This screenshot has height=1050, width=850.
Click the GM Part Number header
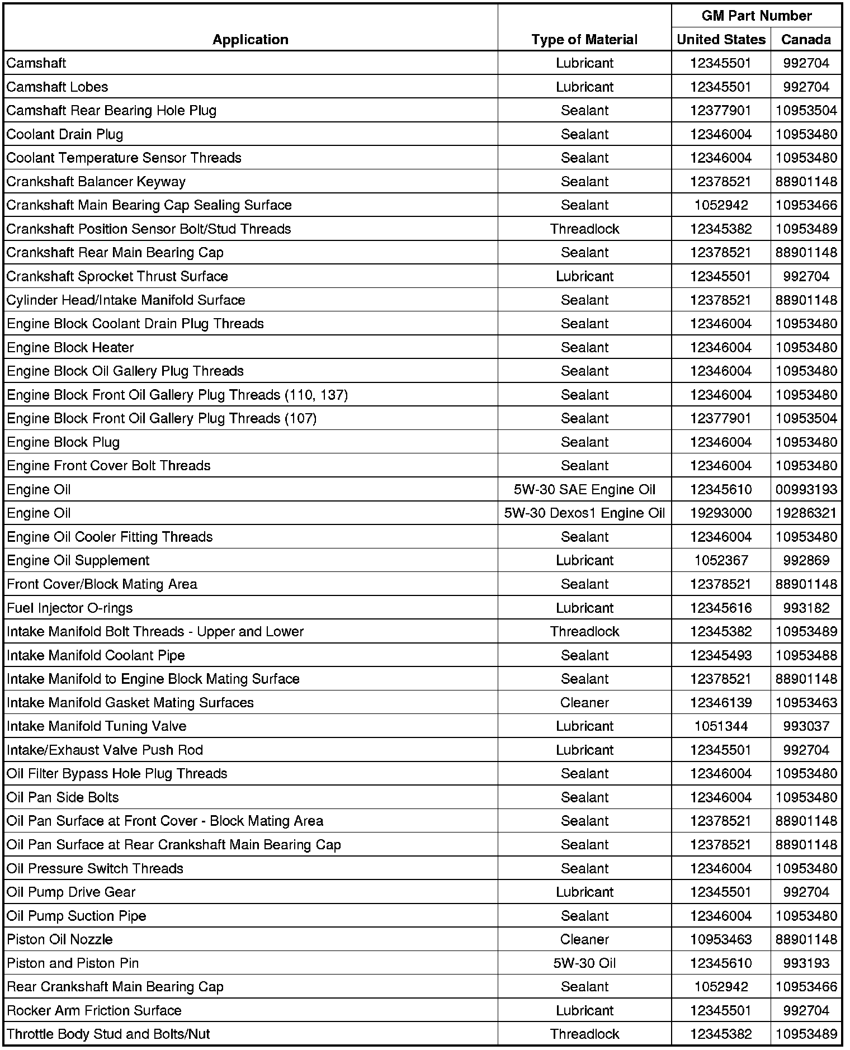click(x=756, y=16)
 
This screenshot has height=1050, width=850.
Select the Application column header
click(x=250, y=39)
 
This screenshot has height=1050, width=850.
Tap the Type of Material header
click(x=584, y=39)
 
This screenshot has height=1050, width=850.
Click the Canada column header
click(x=806, y=39)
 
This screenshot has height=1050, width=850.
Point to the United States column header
click(x=721, y=39)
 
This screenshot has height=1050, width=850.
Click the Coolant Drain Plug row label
click(x=65, y=134)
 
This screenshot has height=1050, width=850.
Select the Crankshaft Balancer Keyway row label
click(x=96, y=182)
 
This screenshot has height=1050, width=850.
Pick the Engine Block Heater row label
click(x=70, y=348)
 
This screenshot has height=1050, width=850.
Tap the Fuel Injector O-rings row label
click(x=70, y=608)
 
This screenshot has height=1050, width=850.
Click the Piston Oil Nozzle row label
click(x=60, y=939)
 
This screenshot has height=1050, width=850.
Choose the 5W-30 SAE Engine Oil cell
click(x=584, y=490)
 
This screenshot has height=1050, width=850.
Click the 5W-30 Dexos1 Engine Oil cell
click(x=584, y=513)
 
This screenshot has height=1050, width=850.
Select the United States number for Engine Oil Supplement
click(x=721, y=560)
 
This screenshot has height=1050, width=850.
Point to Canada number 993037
click(x=806, y=726)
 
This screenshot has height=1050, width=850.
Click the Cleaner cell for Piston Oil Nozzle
click(x=584, y=939)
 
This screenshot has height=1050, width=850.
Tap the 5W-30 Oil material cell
click(x=584, y=963)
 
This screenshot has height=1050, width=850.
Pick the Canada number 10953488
click(x=806, y=655)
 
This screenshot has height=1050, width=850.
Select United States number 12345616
click(x=721, y=608)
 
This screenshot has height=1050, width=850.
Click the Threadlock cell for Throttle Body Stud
click(x=584, y=1034)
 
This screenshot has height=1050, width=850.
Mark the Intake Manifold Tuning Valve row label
click(x=97, y=726)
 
